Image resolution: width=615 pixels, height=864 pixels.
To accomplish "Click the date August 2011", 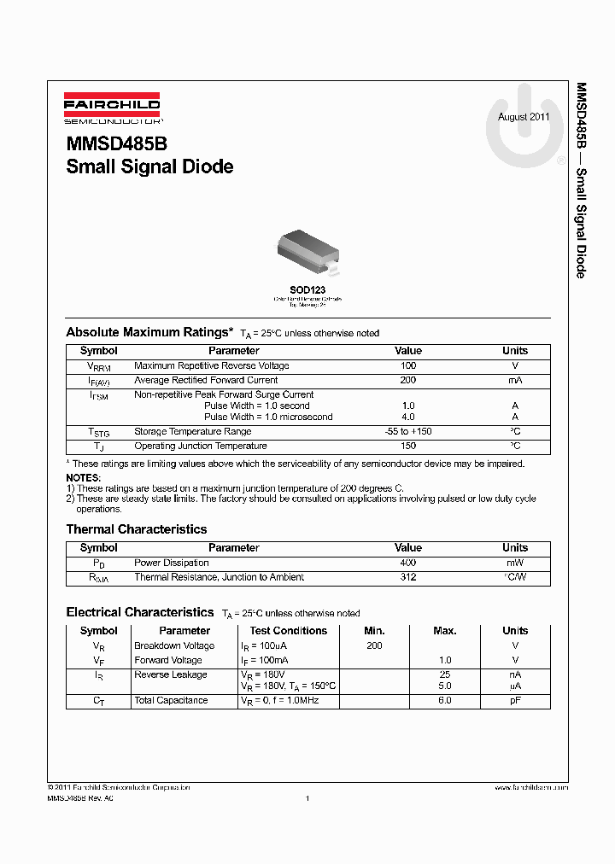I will pos(524,117).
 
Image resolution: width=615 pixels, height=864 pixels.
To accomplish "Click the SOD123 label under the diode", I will pos(307,290).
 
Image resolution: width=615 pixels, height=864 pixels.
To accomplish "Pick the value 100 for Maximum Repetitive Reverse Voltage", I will pos(408,365).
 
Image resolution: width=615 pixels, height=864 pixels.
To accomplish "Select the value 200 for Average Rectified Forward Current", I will pos(408,380).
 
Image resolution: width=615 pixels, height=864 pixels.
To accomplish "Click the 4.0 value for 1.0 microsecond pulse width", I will pos(408,417).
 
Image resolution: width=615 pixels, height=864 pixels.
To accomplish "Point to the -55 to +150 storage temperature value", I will pos(408,431).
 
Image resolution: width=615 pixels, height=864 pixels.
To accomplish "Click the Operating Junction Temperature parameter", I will pos(200,446).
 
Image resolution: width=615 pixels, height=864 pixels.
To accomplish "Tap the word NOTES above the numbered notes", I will pos(84,477).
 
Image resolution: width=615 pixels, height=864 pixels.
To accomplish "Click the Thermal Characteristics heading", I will pos(137,529).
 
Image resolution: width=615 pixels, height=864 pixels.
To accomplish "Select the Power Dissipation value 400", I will pos(408,563).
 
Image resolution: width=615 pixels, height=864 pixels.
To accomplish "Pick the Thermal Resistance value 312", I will pos(408,577).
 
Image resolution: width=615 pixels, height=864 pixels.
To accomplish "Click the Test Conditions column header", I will pos(289,631).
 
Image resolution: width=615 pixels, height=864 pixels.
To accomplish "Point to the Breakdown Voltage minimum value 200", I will pos(374,645).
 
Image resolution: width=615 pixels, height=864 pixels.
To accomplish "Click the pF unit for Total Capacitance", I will pos(515,700).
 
